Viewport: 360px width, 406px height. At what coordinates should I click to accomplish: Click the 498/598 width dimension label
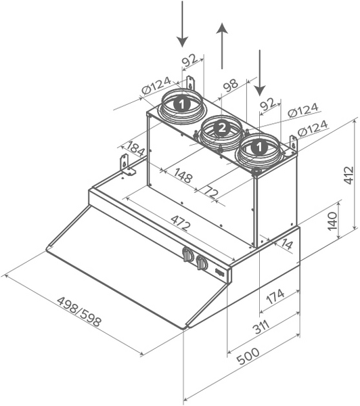pyautogui.click(x=78, y=311)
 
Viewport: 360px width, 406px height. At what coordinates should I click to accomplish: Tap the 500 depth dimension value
pyautogui.click(x=248, y=356)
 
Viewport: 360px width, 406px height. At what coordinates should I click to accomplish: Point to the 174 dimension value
pyautogui.click(x=275, y=296)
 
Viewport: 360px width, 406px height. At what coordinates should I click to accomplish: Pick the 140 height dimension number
pyautogui.click(x=332, y=221)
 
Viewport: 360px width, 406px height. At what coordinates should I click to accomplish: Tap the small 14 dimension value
pyautogui.click(x=286, y=244)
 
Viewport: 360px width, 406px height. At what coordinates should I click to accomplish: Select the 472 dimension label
pyautogui.click(x=181, y=223)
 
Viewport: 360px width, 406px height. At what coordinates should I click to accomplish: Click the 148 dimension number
pyautogui.click(x=183, y=175)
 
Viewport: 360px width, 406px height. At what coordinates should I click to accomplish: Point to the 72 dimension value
pyautogui.click(x=210, y=191)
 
